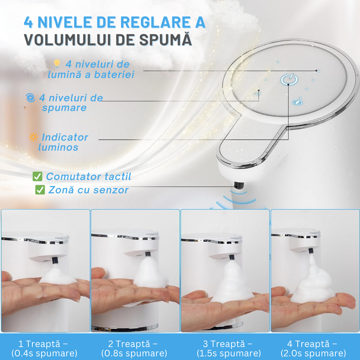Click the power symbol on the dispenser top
click(289, 79)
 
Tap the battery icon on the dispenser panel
click(297, 102)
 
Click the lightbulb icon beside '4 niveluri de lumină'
click(57, 64)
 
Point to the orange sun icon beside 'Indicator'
click(33, 137)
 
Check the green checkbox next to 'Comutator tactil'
click(37, 176)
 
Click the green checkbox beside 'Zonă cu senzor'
click(40, 190)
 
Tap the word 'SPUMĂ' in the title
click(165, 39)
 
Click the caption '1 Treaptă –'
click(43, 344)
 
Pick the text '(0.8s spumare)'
click(134, 353)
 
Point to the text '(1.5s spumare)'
click(229, 353)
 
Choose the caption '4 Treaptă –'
click(312, 344)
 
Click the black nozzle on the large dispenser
click(239, 185)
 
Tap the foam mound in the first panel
click(57, 275)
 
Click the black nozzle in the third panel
click(232, 257)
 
